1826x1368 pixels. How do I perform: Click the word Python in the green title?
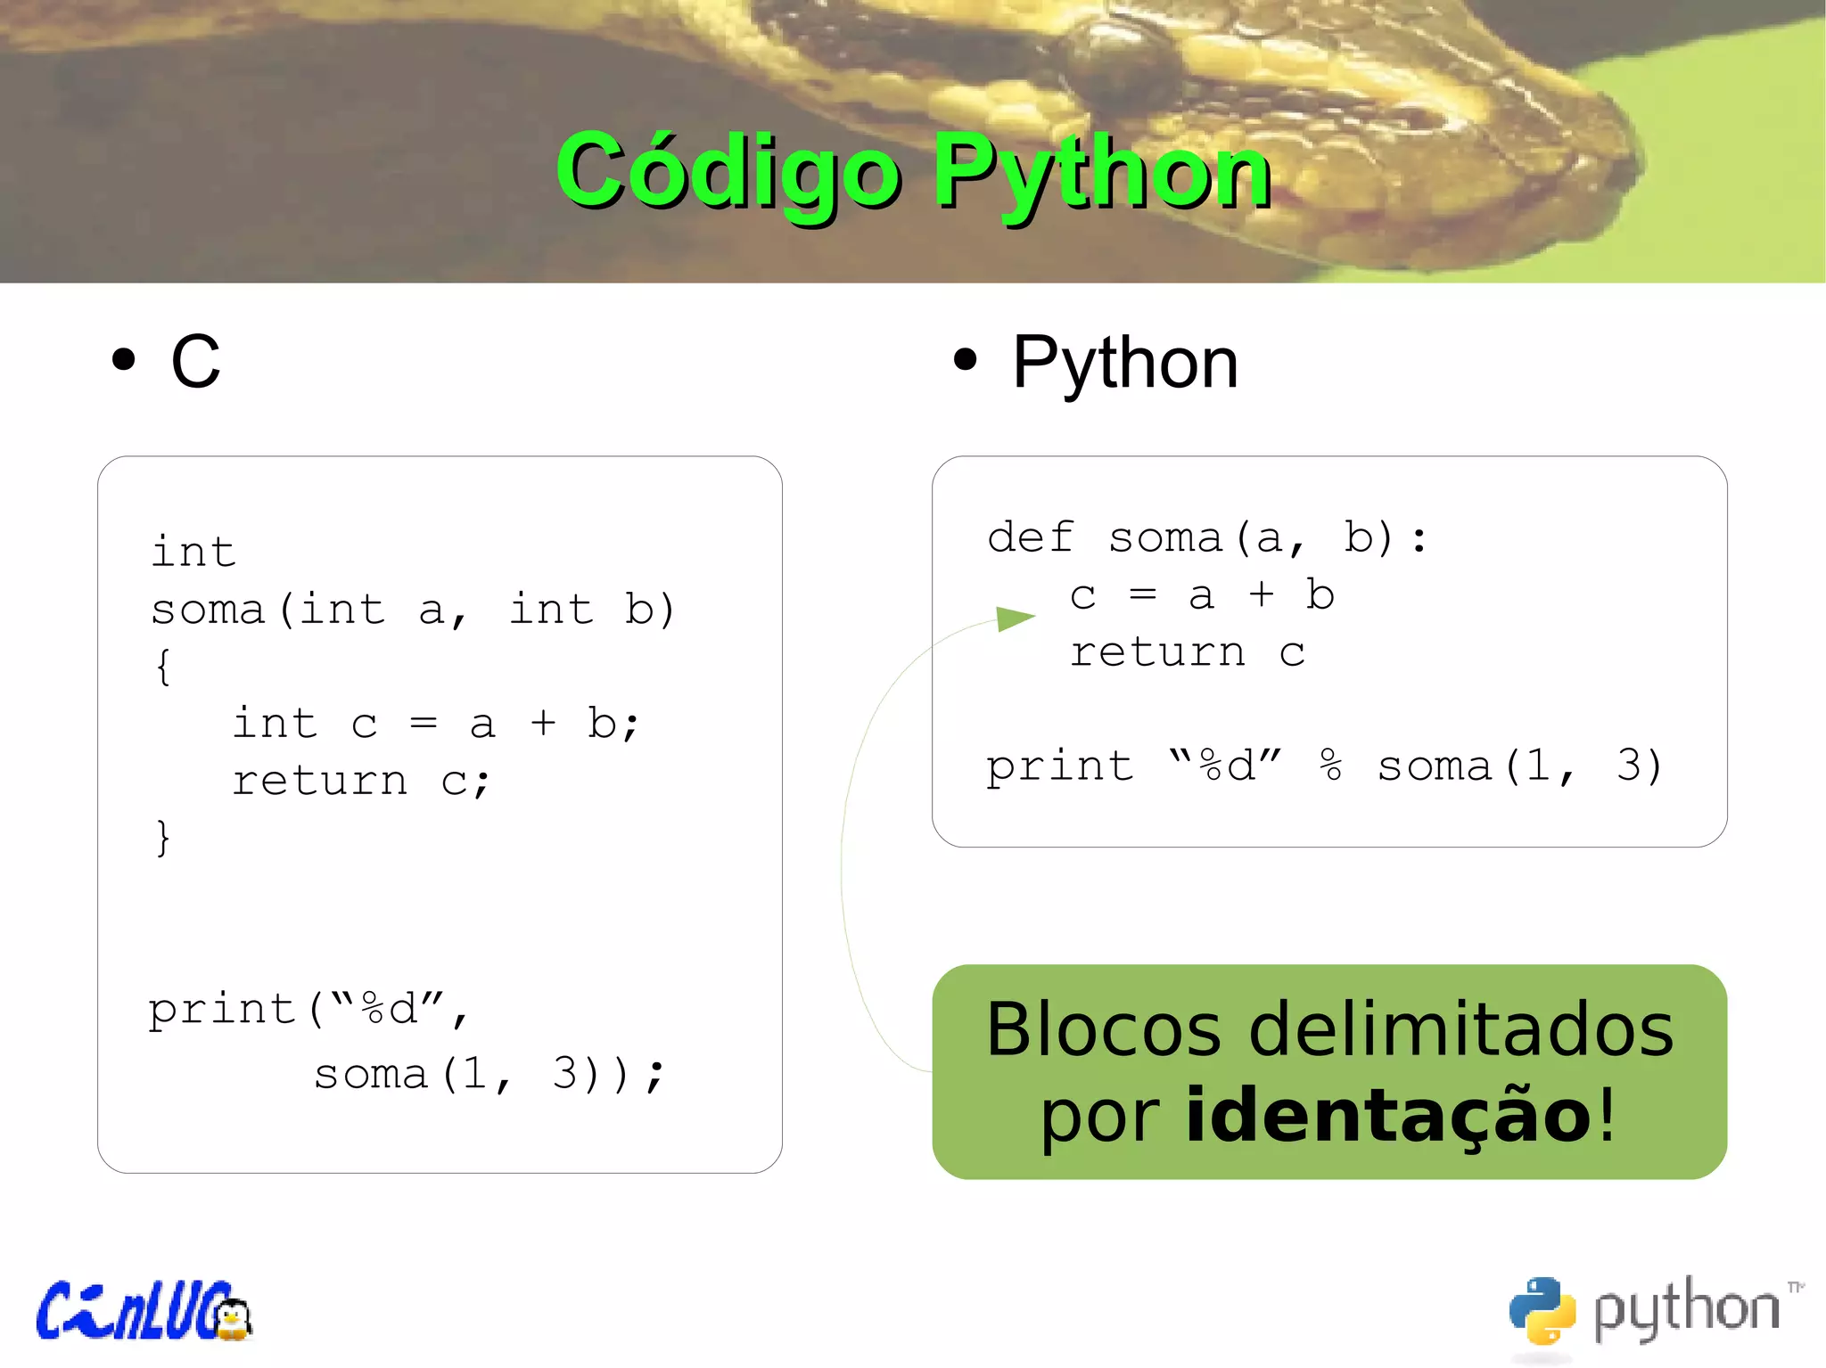[x=1102, y=172]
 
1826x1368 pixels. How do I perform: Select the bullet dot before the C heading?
[x=124, y=360]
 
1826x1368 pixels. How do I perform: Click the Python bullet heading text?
[x=1125, y=363]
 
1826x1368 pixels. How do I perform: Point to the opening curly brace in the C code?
[x=163, y=667]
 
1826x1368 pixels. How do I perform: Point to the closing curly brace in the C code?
[x=163, y=838]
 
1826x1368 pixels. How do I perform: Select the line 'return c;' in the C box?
[x=360, y=782]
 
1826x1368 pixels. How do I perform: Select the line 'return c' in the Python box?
[x=1187, y=652]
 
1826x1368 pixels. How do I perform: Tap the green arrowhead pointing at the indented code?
[x=1015, y=618]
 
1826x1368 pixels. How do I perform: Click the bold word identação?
[x=1388, y=1115]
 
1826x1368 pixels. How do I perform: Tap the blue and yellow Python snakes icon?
[x=1542, y=1310]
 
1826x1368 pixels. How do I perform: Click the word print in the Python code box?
[x=1059, y=766]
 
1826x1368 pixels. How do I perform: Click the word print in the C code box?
[x=221, y=1010]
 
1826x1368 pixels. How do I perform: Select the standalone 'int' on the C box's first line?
[x=193, y=552]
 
